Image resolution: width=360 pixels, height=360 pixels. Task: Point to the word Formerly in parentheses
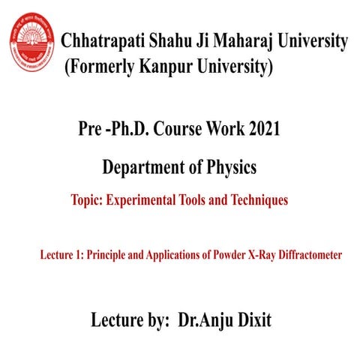tap(105, 69)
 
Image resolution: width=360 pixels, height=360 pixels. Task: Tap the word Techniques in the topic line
tap(257, 200)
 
